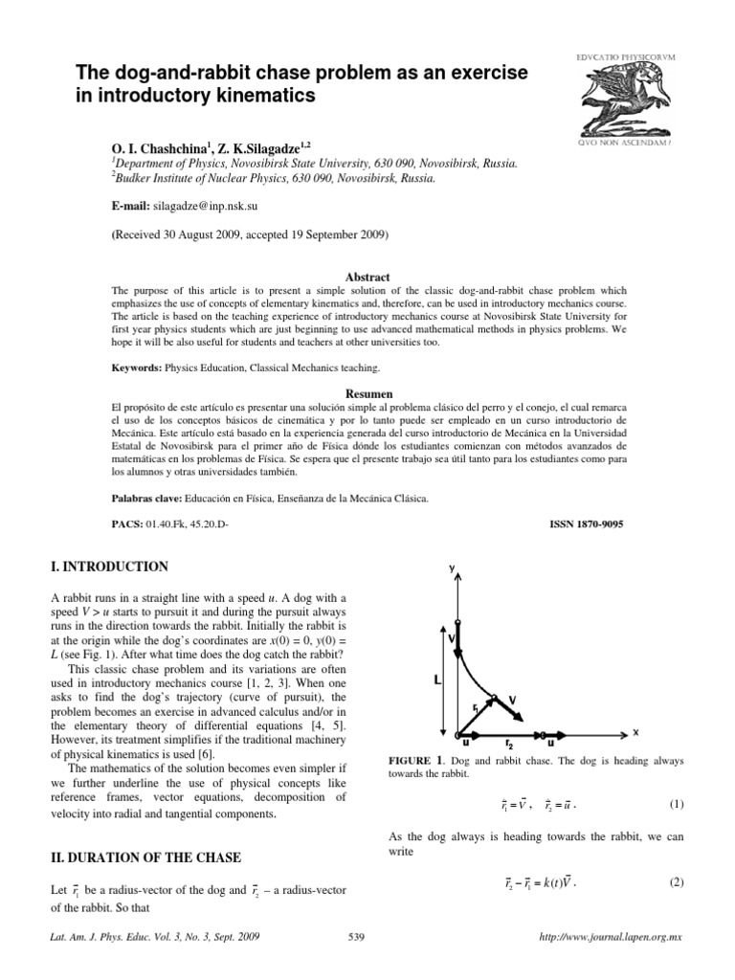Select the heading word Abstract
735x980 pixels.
coord(367,274)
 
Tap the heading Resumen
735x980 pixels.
coord(367,393)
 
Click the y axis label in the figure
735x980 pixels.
coord(451,568)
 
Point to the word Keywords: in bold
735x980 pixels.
coord(136,367)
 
